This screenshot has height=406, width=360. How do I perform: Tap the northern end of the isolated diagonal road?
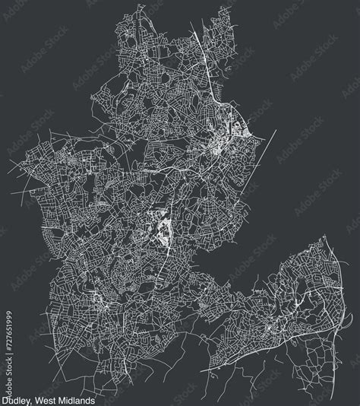[275, 130]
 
